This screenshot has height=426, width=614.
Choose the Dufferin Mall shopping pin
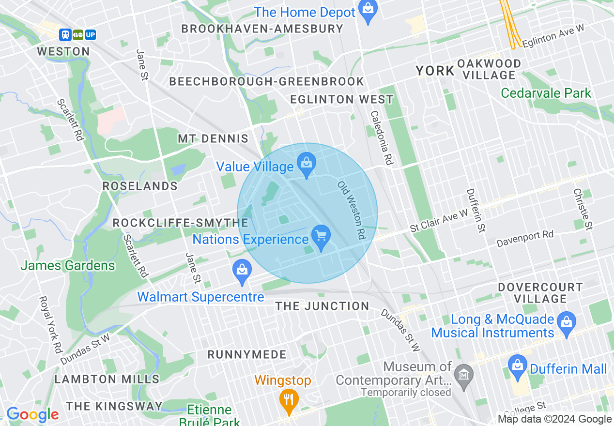518,368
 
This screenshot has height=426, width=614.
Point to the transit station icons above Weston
77,35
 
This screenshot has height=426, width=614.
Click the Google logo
32,415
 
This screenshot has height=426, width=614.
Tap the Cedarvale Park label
546,93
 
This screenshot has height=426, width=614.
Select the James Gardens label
68,265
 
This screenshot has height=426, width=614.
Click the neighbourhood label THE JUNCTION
322,306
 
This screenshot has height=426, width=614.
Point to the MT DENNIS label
213,139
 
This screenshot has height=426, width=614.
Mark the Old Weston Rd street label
352,211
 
